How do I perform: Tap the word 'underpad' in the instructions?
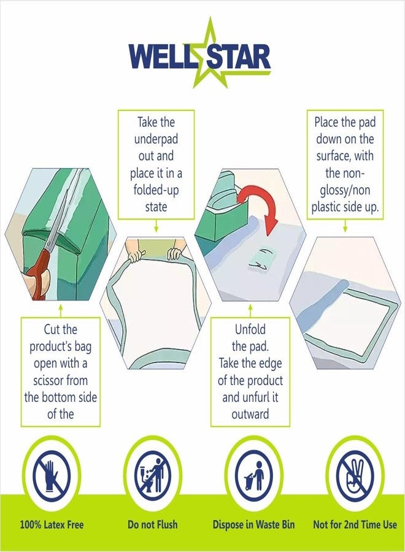pyautogui.click(x=156, y=139)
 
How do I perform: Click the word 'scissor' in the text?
pyautogui.click(x=50, y=380)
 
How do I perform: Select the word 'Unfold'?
pyautogui.click(x=250, y=329)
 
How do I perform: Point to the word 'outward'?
pyautogui.click(x=250, y=414)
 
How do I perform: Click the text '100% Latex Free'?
pyautogui.click(x=52, y=525)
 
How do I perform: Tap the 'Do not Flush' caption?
pyautogui.click(x=153, y=525)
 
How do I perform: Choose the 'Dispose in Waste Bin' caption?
pyautogui.click(x=253, y=525)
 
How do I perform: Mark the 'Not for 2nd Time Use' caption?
pyautogui.click(x=355, y=525)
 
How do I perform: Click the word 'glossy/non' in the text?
pyautogui.click(x=345, y=191)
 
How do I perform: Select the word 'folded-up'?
pyautogui.click(x=156, y=190)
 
